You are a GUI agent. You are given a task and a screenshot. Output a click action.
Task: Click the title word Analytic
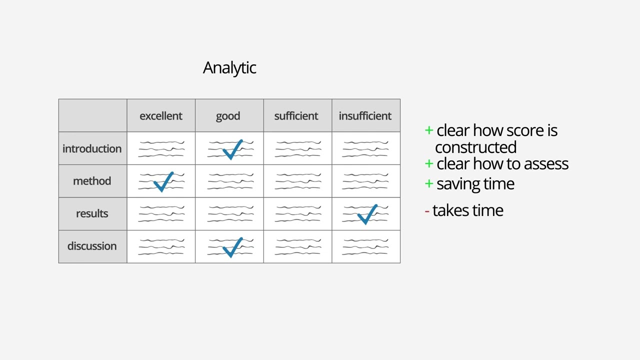[x=229, y=68]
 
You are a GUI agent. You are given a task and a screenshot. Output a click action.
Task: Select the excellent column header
[x=161, y=116]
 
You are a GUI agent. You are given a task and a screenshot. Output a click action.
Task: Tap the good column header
[x=228, y=116]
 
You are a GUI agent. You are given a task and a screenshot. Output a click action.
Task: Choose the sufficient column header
[x=296, y=116]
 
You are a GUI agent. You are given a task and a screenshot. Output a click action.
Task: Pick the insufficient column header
[x=365, y=116]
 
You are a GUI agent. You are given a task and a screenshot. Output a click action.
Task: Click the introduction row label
[x=92, y=148]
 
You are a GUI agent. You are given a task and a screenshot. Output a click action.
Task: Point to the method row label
[x=92, y=181]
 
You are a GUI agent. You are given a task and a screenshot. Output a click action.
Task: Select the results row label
[x=92, y=213]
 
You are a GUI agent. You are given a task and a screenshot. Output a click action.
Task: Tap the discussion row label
[x=92, y=246]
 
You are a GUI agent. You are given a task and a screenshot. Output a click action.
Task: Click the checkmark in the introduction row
[x=232, y=150]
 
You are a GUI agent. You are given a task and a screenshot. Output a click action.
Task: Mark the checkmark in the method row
[x=163, y=182]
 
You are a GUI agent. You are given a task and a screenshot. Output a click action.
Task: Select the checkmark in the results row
[x=367, y=214]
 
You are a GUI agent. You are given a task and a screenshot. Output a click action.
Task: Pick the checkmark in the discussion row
[x=232, y=247]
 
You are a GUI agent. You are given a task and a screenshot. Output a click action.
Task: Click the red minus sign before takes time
[x=427, y=211]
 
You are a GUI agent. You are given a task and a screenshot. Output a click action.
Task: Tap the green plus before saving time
[x=428, y=183]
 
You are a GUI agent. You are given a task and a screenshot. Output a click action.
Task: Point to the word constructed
[x=475, y=147]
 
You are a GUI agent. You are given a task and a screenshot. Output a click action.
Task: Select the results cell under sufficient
[x=297, y=214]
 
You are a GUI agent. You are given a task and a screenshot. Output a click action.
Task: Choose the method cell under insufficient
[x=366, y=181]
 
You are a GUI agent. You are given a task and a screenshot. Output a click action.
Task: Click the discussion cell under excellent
[x=161, y=246]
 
